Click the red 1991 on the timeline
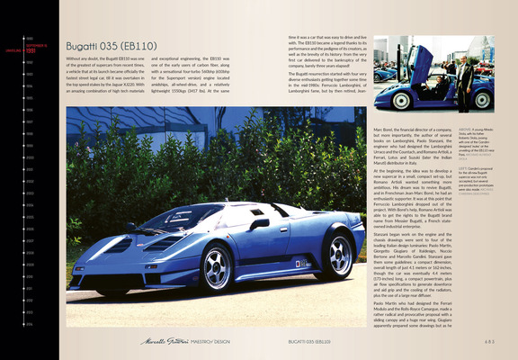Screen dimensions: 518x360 click(x=30, y=51)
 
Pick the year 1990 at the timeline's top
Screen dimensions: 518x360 click(x=30, y=39)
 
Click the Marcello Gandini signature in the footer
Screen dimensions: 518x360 click(x=157, y=343)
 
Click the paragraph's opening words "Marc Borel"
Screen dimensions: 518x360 click(x=381, y=131)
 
